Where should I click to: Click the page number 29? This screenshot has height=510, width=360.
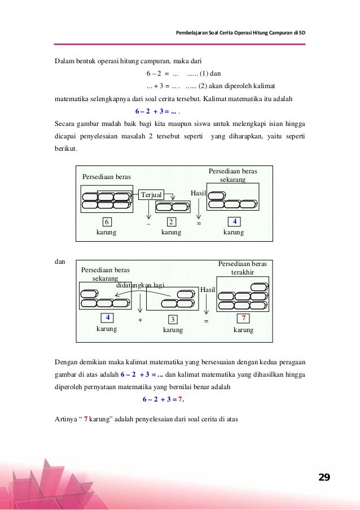(x=324, y=478)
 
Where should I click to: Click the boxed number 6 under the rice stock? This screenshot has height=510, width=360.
(x=107, y=221)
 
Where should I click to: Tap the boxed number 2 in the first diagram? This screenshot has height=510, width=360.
(x=172, y=221)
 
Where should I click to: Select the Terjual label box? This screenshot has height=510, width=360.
(x=151, y=194)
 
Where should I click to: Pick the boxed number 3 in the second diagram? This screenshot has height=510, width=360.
(x=173, y=320)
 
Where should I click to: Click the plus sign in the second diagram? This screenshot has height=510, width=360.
(x=139, y=320)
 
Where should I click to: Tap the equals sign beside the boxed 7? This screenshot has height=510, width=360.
(x=206, y=321)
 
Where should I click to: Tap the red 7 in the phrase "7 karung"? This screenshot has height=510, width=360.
(x=85, y=419)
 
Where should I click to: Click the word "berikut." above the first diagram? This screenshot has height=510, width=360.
(x=66, y=150)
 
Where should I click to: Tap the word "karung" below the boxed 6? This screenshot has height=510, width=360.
(x=107, y=232)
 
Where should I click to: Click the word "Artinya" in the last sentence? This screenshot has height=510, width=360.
(x=66, y=419)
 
